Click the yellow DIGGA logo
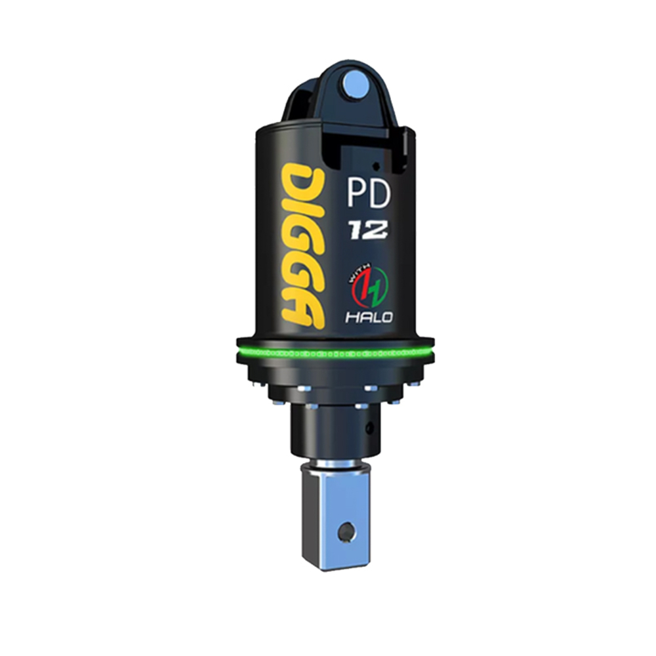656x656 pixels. pyautogui.click(x=304, y=245)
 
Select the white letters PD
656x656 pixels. pyautogui.click(x=369, y=195)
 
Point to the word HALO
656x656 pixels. pyautogui.click(x=369, y=318)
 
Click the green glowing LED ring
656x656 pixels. pyautogui.click(x=328, y=354)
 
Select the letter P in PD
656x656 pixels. pyautogui.click(x=357, y=195)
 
